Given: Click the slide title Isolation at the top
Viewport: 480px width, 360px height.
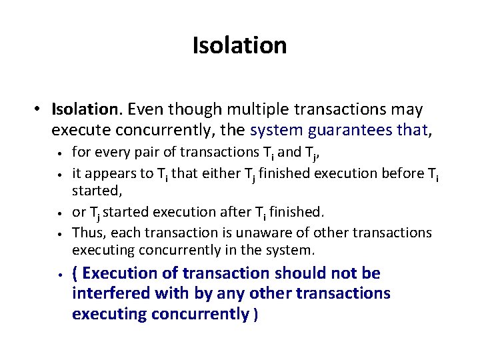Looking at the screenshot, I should click(x=239, y=45).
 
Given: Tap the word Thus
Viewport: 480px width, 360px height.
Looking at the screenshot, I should click(x=87, y=232).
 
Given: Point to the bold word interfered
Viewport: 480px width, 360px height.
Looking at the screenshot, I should click(x=109, y=293).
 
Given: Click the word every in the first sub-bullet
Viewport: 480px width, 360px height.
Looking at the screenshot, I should click(x=107, y=152).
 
